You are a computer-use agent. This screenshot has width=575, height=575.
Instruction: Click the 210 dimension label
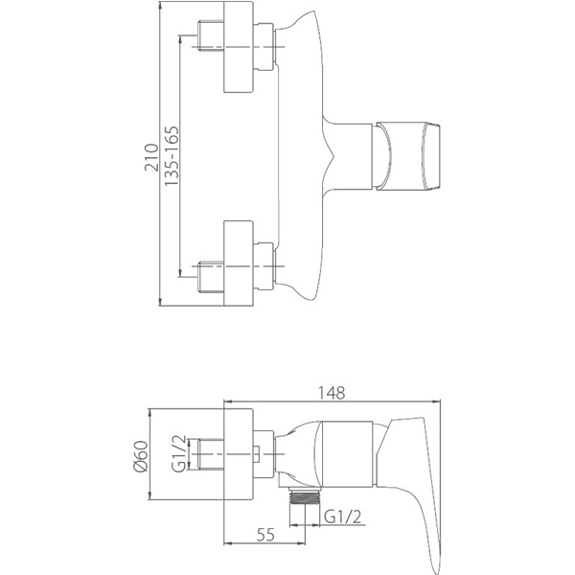tap(151, 158)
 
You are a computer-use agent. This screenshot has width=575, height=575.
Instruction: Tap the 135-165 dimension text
tap(171, 156)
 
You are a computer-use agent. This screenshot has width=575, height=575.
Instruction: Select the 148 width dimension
tap(332, 393)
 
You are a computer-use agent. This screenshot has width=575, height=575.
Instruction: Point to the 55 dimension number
tap(265, 535)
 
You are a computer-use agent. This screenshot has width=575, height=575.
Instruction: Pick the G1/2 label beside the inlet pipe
tap(178, 453)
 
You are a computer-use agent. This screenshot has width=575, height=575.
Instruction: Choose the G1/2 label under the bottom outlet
tap(342, 517)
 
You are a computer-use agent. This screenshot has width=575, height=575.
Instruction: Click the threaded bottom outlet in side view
tap(304, 496)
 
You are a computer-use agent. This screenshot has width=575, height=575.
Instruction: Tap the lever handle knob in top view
tap(406, 157)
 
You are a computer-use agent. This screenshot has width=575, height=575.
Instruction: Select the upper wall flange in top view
tap(239, 47)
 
